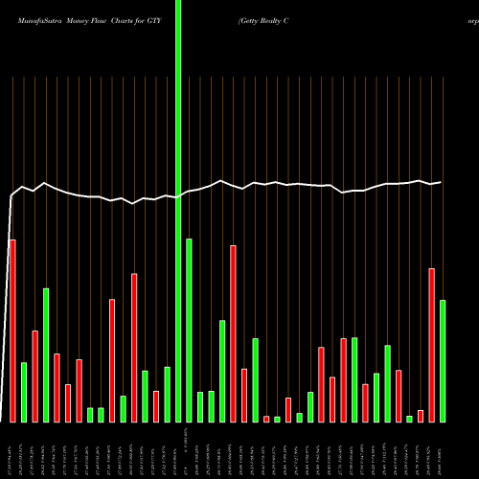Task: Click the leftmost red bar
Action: click(12, 331)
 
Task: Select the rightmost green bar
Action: click(443, 361)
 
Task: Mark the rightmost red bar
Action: click(431, 345)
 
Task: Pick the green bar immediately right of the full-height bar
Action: click(189, 330)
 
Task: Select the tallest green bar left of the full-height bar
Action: click(46, 354)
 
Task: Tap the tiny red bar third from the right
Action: click(421, 416)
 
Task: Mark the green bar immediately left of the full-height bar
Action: click(167, 394)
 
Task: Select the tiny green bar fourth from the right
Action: click(409, 419)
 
